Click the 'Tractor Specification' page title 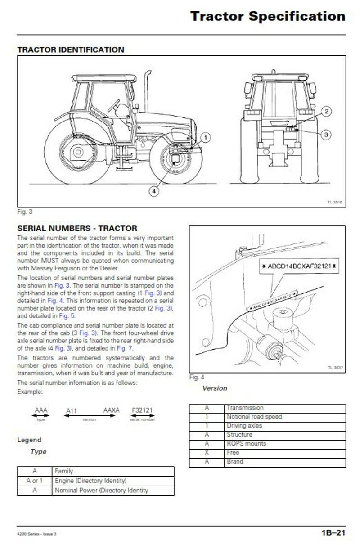pyautogui.click(x=267, y=17)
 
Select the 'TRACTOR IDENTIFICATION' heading pyautogui.click(x=70, y=50)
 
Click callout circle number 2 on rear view pyautogui.click(x=327, y=111)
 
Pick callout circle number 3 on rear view pyautogui.click(x=327, y=134)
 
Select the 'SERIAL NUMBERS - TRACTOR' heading pyautogui.click(x=77, y=229)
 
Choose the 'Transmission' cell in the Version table pyautogui.click(x=245, y=408)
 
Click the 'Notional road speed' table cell pyautogui.click(x=254, y=417)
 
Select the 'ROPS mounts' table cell pyautogui.click(x=246, y=444)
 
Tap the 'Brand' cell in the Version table pyautogui.click(x=235, y=462)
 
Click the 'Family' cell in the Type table pyautogui.click(x=64, y=471)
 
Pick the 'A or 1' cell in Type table pyautogui.click(x=35, y=481)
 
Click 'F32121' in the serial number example pyautogui.click(x=142, y=410)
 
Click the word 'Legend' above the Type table pyautogui.click(x=29, y=440)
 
